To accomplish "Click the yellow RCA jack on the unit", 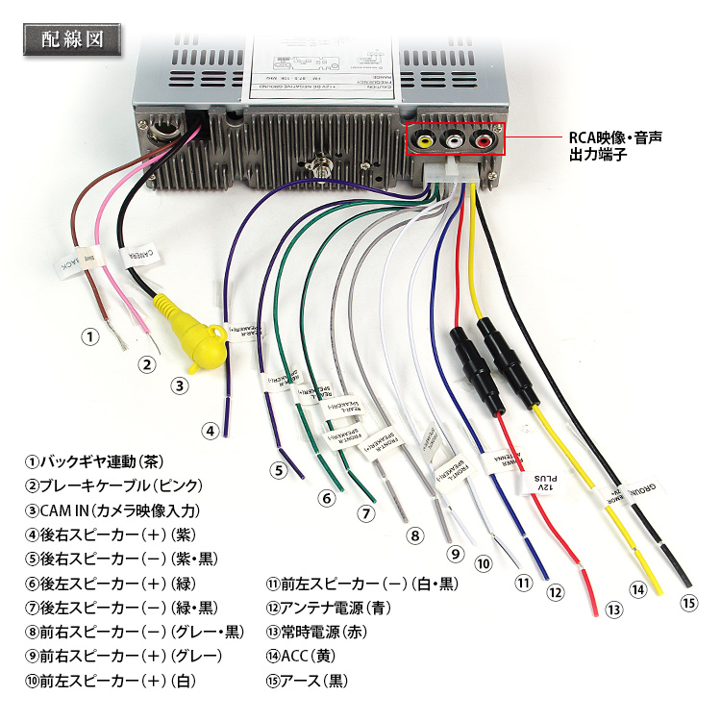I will (424, 141).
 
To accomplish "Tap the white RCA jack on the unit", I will (453, 141).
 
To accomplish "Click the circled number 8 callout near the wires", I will (414, 535).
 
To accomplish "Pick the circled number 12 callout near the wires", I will (555, 592).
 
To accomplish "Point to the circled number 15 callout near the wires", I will (687, 603).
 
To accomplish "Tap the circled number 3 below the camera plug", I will (178, 385).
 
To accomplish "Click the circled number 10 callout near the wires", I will (483, 563).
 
